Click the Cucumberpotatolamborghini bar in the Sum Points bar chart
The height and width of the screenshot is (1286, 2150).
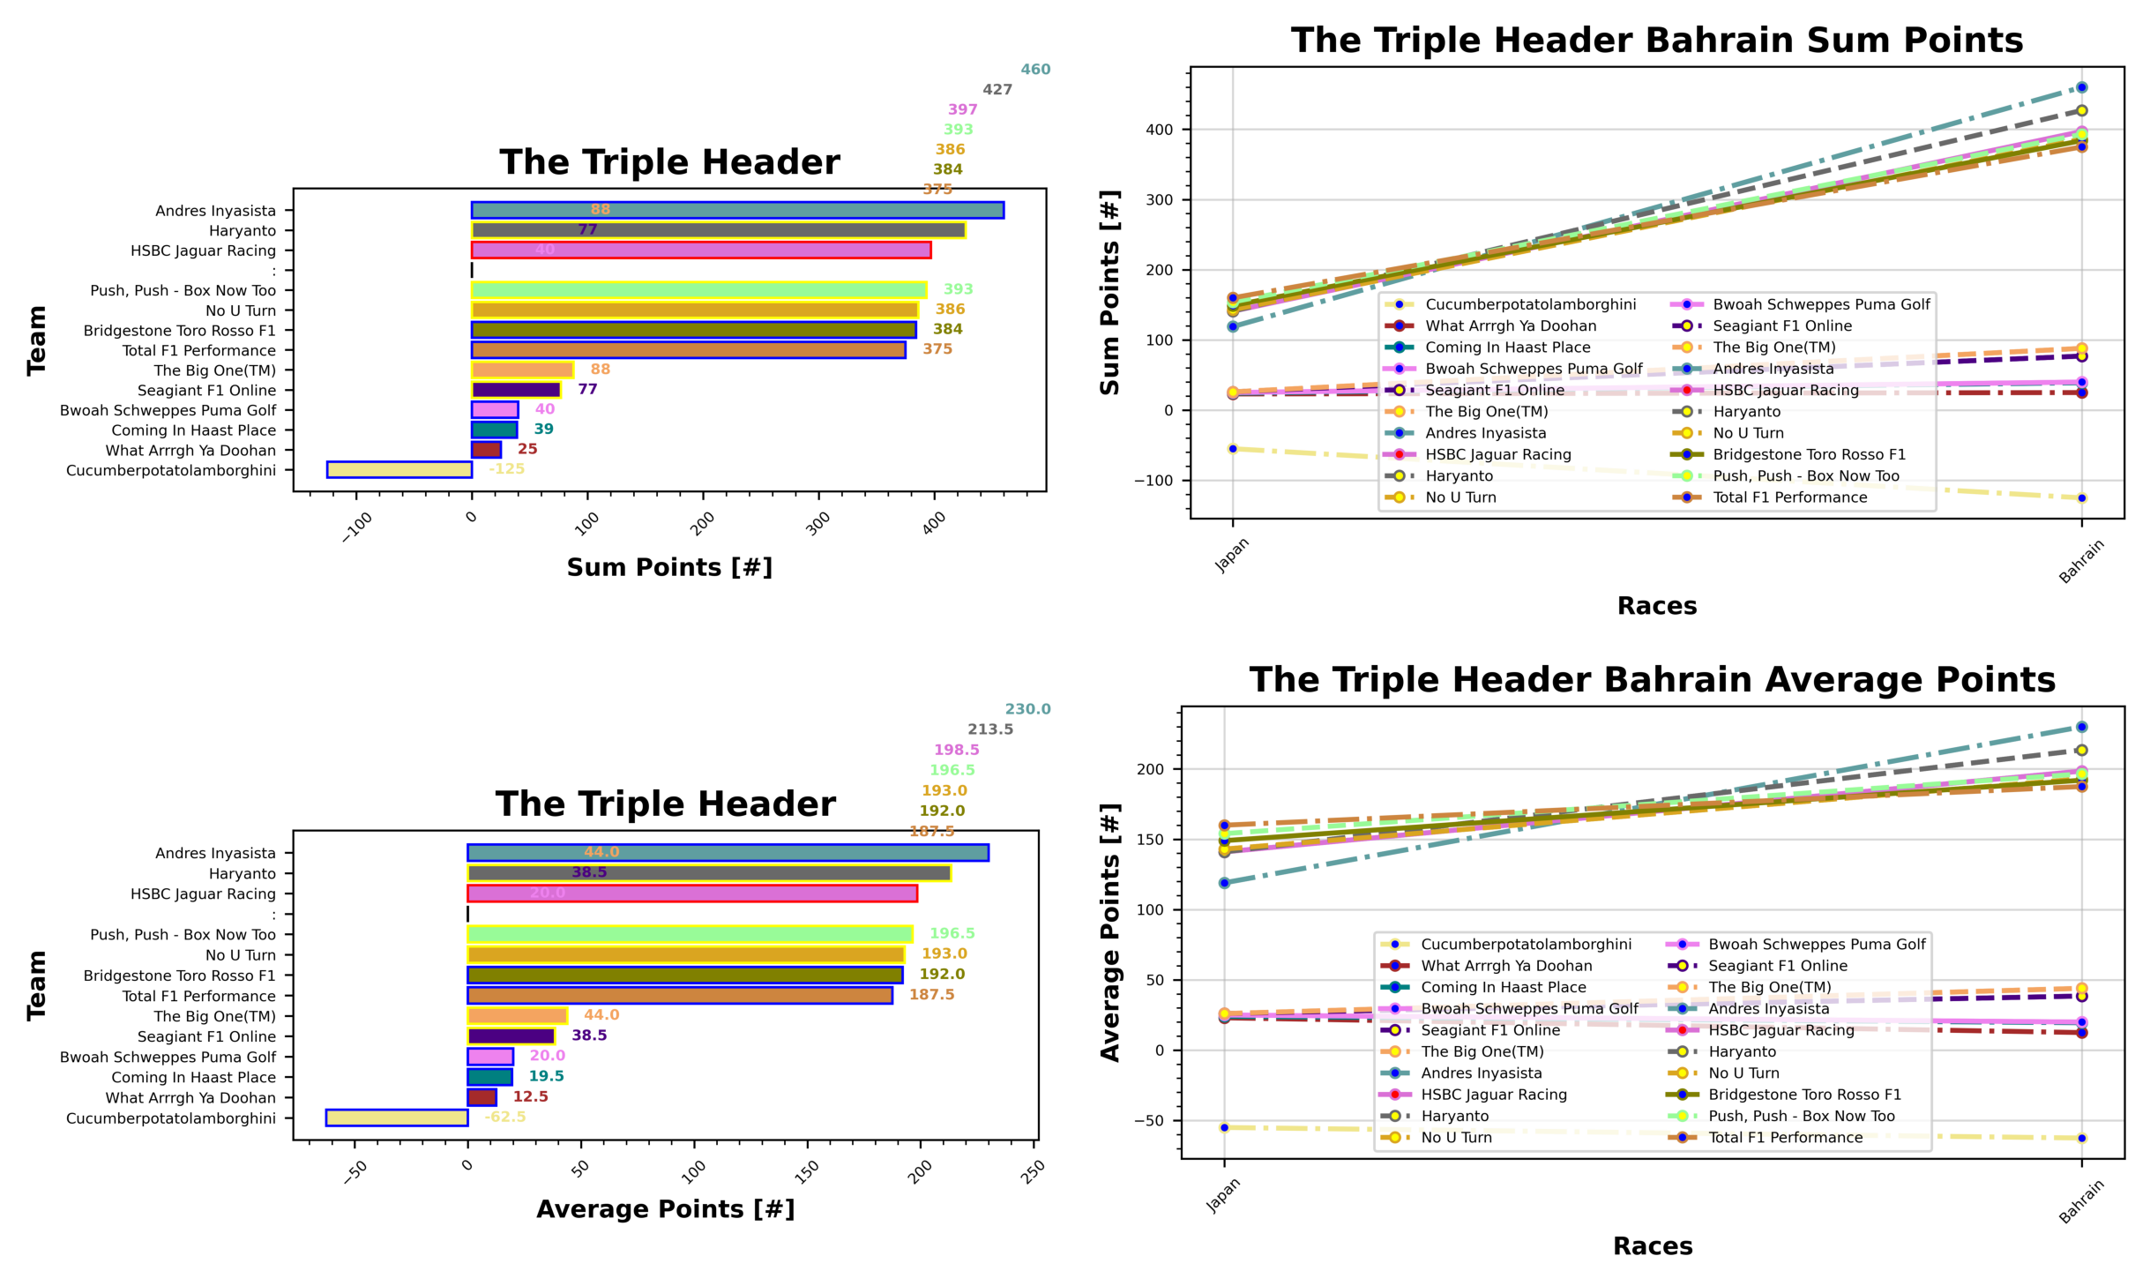pos(399,469)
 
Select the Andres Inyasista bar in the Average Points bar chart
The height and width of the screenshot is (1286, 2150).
pos(728,853)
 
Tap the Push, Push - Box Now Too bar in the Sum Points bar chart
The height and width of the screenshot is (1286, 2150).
pos(698,290)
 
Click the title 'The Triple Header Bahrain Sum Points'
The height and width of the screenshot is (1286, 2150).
pos(1656,41)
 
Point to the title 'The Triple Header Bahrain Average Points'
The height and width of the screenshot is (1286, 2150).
pos(1652,680)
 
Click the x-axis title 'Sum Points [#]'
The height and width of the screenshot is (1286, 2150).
pos(669,567)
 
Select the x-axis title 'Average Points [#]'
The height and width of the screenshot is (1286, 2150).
pos(665,1209)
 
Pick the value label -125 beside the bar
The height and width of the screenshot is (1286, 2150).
pos(507,469)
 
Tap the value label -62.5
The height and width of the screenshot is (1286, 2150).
pos(504,1118)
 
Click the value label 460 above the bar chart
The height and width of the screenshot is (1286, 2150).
pos(1035,70)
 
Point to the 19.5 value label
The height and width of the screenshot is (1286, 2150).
pos(546,1076)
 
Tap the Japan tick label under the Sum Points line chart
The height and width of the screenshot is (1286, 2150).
pos(1231,556)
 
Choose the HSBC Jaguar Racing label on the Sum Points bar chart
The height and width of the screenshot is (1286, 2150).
pos(203,250)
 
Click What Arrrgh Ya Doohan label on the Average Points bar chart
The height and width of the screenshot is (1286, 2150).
pos(190,1097)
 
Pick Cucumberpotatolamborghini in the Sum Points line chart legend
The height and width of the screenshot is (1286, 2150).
pos(1530,304)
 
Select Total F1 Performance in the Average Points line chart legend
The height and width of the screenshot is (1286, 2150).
pos(1785,1138)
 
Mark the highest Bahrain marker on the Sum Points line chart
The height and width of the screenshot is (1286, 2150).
pos(2081,87)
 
